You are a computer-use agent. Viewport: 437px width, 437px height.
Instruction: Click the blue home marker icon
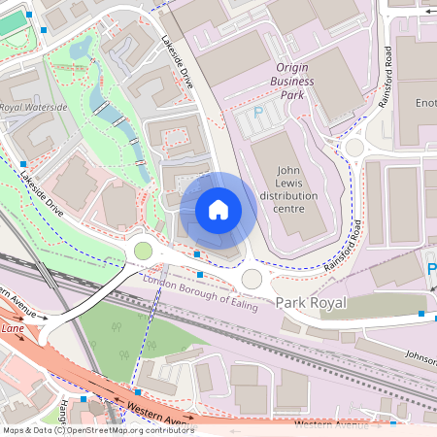tap(218, 210)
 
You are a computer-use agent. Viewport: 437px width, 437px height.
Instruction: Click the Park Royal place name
tap(310, 304)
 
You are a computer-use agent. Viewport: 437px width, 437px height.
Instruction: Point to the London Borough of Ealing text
tap(200, 289)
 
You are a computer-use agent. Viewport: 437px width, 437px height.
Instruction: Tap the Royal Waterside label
tap(34, 108)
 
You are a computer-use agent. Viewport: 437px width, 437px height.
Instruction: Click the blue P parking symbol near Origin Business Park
tap(258, 114)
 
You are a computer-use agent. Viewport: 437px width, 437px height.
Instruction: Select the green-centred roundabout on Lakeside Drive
tap(143, 252)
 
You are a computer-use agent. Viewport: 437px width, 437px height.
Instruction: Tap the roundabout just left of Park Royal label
tap(252, 280)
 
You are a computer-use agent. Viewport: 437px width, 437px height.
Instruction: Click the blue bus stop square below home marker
tap(198, 254)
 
